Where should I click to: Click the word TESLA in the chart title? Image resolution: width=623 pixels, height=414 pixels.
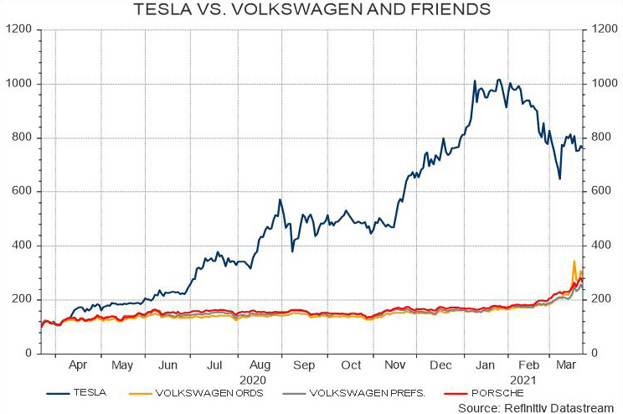(162, 10)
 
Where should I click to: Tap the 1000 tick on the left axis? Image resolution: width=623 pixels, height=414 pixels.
(19, 84)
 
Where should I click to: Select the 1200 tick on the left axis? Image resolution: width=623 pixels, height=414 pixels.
(19, 29)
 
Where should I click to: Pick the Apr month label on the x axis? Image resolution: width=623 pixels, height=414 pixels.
(78, 366)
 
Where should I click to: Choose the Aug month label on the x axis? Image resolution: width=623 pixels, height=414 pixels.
(259, 366)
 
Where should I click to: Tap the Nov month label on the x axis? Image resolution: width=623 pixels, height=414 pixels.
(394, 366)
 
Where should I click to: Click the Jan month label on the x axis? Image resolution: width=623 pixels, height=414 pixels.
(484, 366)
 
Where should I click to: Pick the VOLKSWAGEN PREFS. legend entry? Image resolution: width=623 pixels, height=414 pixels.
(366, 391)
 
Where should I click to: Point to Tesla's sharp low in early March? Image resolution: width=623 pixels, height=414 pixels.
(559, 179)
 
